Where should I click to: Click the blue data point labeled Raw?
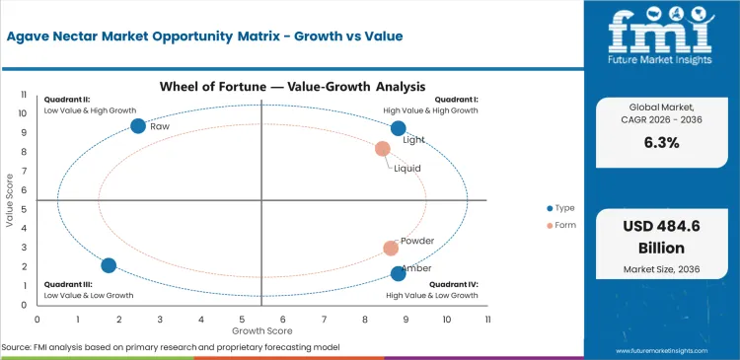[x=138, y=125]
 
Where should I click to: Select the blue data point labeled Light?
[x=399, y=128]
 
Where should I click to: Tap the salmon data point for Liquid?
[x=383, y=149]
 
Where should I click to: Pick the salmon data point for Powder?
[x=391, y=249]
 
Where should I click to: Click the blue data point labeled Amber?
[x=399, y=273]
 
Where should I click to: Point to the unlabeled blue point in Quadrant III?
[x=109, y=265]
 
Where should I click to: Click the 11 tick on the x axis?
[x=487, y=320]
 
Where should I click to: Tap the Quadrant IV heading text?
[x=456, y=285]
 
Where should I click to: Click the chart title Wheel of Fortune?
[x=261, y=87]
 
